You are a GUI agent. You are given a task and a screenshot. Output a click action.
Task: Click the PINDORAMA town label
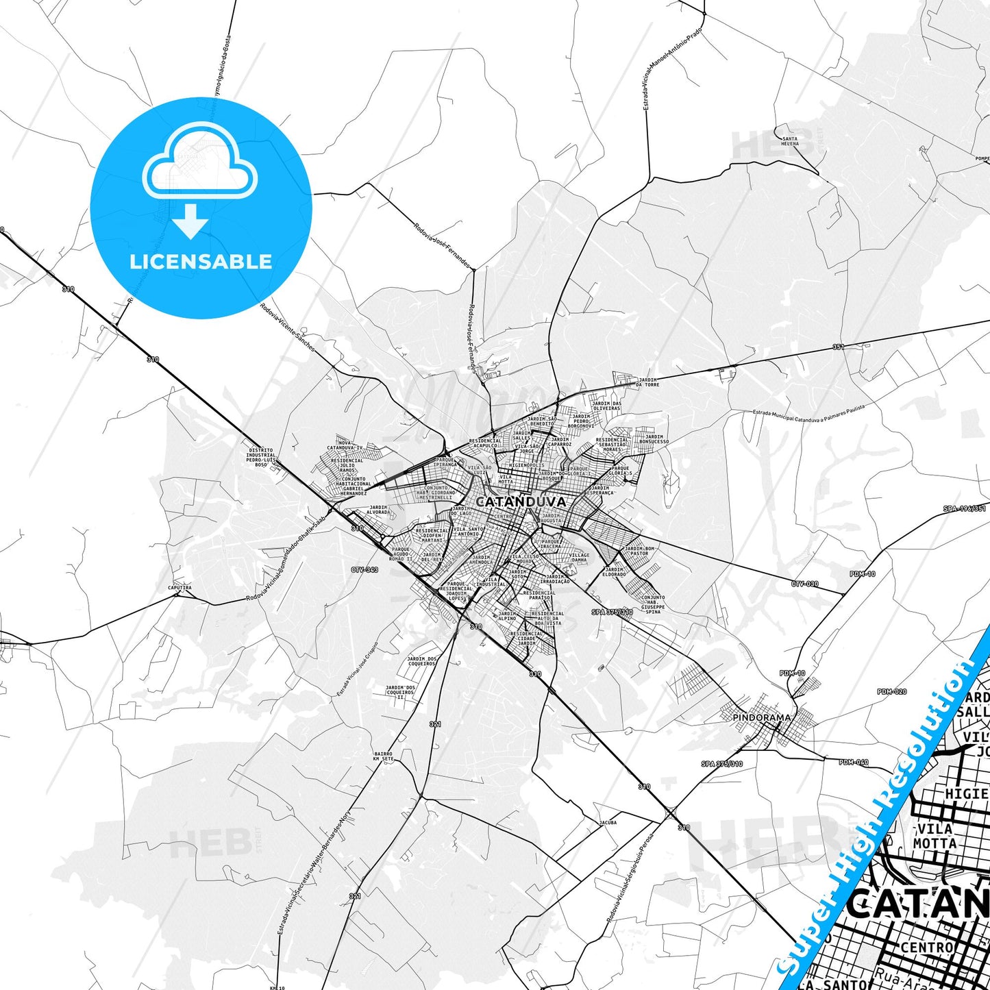(x=762, y=717)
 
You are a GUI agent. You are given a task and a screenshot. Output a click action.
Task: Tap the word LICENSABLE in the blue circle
(x=201, y=262)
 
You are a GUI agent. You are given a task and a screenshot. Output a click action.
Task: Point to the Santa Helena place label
(x=790, y=141)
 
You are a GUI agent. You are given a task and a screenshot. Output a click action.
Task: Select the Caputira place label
(x=180, y=588)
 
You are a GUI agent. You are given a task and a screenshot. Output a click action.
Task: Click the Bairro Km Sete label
(x=384, y=756)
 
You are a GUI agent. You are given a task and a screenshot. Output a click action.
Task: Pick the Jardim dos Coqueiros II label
(x=400, y=691)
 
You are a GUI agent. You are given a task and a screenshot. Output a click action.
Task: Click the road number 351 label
(x=838, y=347)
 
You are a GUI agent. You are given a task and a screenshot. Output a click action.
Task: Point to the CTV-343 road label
(x=364, y=570)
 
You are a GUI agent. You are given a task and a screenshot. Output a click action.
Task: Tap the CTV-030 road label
(x=805, y=584)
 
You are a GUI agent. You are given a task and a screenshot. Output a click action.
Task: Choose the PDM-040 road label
(x=854, y=763)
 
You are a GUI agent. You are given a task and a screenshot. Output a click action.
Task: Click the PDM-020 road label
(x=891, y=692)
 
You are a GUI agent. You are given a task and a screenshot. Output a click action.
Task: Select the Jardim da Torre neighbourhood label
(x=647, y=382)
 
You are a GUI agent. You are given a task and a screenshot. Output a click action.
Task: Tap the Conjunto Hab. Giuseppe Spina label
(x=653, y=604)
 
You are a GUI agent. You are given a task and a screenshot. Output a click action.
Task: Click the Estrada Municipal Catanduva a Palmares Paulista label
(x=808, y=412)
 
